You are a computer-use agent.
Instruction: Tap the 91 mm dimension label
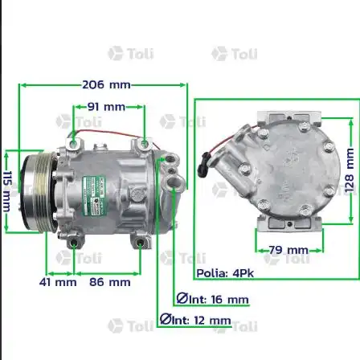click(x=106, y=106)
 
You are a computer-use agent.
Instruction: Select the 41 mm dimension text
click(x=59, y=282)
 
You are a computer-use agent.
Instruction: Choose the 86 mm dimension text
click(x=109, y=282)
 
